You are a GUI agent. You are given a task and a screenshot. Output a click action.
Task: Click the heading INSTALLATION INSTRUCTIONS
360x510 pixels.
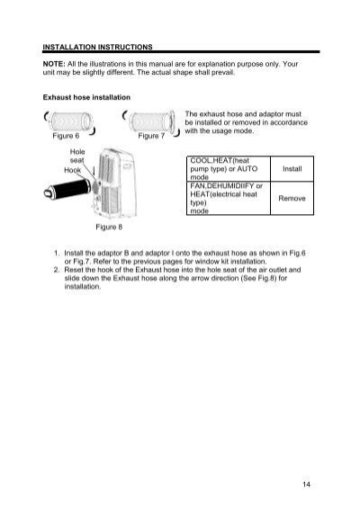pos(98,44)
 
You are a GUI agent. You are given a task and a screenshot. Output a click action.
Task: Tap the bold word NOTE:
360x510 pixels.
pos(54,64)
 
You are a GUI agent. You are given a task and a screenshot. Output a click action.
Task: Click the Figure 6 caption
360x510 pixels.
pos(65,136)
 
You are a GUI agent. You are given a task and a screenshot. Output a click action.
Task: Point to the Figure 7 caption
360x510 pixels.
pos(151,136)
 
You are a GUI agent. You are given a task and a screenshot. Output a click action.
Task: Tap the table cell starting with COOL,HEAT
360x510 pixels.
pos(220,169)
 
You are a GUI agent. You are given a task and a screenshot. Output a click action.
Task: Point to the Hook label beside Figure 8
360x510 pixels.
pos(73,170)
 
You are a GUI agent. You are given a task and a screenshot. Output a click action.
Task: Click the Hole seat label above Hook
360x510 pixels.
pos(76,155)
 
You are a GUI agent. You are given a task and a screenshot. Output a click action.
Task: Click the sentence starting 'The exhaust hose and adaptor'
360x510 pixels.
pos(242,123)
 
